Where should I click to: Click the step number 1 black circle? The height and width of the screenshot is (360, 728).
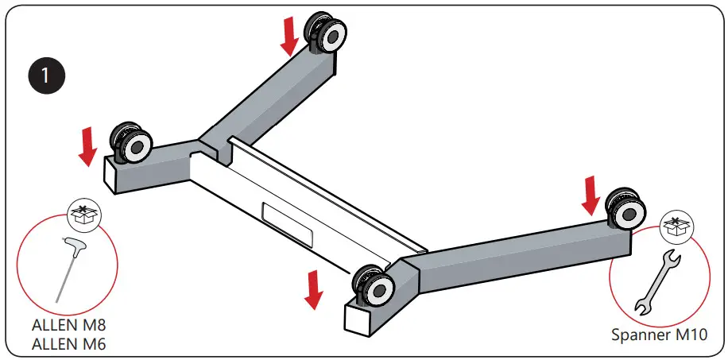click(46, 76)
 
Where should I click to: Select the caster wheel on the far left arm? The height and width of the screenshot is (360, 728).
click(132, 144)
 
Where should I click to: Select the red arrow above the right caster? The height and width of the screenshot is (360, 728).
click(590, 195)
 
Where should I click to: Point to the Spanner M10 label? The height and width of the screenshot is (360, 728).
click(658, 335)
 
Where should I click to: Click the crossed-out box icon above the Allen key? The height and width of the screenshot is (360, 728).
click(82, 215)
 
